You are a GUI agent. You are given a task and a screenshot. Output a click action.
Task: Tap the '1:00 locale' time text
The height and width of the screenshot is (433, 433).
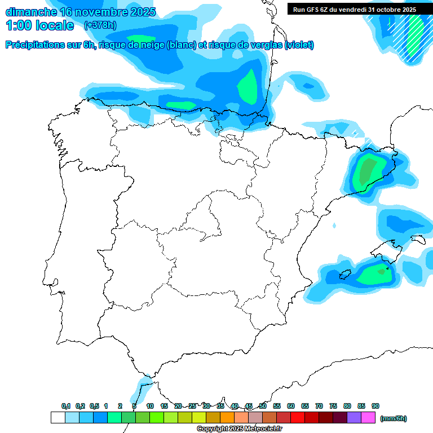pyautogui.click(x=39, y=25)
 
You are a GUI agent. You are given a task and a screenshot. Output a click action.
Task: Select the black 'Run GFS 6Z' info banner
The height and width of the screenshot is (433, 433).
pyautogui.click(x=355, y=9)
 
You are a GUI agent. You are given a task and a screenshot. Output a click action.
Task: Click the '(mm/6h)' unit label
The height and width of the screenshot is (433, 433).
pyautogui.click(x=394, y=418)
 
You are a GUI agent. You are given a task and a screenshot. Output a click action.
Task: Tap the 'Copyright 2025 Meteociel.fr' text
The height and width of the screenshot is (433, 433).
pyautogui.click(x=239, y=428)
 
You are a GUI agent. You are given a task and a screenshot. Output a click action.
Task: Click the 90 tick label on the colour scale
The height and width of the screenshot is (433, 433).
pyautogui.click(x=375, y=406)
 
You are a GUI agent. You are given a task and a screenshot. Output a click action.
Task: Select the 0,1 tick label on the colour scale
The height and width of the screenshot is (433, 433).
pyautogui.click(x=66, y=406)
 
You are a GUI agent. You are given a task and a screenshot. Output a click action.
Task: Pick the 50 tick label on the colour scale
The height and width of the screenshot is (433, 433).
pyautogui.click(x=263, y=406)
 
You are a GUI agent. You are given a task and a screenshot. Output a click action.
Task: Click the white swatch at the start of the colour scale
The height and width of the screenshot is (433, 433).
pyautogui.click(x=58, y=418)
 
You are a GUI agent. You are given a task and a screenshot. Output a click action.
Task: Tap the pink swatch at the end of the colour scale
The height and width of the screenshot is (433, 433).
pyautogui.click(x=368, y=418)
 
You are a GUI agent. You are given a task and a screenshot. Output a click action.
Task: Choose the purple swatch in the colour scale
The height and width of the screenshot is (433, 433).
pyautogui.click(x=354, y=418)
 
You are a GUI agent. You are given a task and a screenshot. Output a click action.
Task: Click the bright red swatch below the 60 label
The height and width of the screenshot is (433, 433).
pyautogui.click(x=298, y=418)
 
